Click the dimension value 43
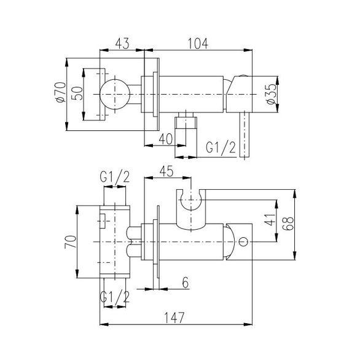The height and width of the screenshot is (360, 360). pos(122,44)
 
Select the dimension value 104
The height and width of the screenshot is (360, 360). pos(198,44)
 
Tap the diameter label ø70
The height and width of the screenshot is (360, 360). pos(61,92)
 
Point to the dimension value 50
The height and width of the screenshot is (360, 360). pos(77,93)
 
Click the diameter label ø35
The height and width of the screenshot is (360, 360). pos(272,94)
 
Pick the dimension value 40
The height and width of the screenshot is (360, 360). pos(165,139)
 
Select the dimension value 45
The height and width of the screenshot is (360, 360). pos(166,171)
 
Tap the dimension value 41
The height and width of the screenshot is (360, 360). pos(270,220)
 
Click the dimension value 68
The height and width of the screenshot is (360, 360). pos(288,224)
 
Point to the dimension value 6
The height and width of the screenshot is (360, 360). pos(186,283)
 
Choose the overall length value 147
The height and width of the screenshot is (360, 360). pos(174,318)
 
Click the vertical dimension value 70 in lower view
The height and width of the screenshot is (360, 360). pos(71,241)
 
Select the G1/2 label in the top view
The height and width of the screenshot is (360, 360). pos(221,147)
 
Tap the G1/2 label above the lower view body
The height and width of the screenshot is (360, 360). pos(115,177)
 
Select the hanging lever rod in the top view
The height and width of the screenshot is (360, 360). pos(245,135)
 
